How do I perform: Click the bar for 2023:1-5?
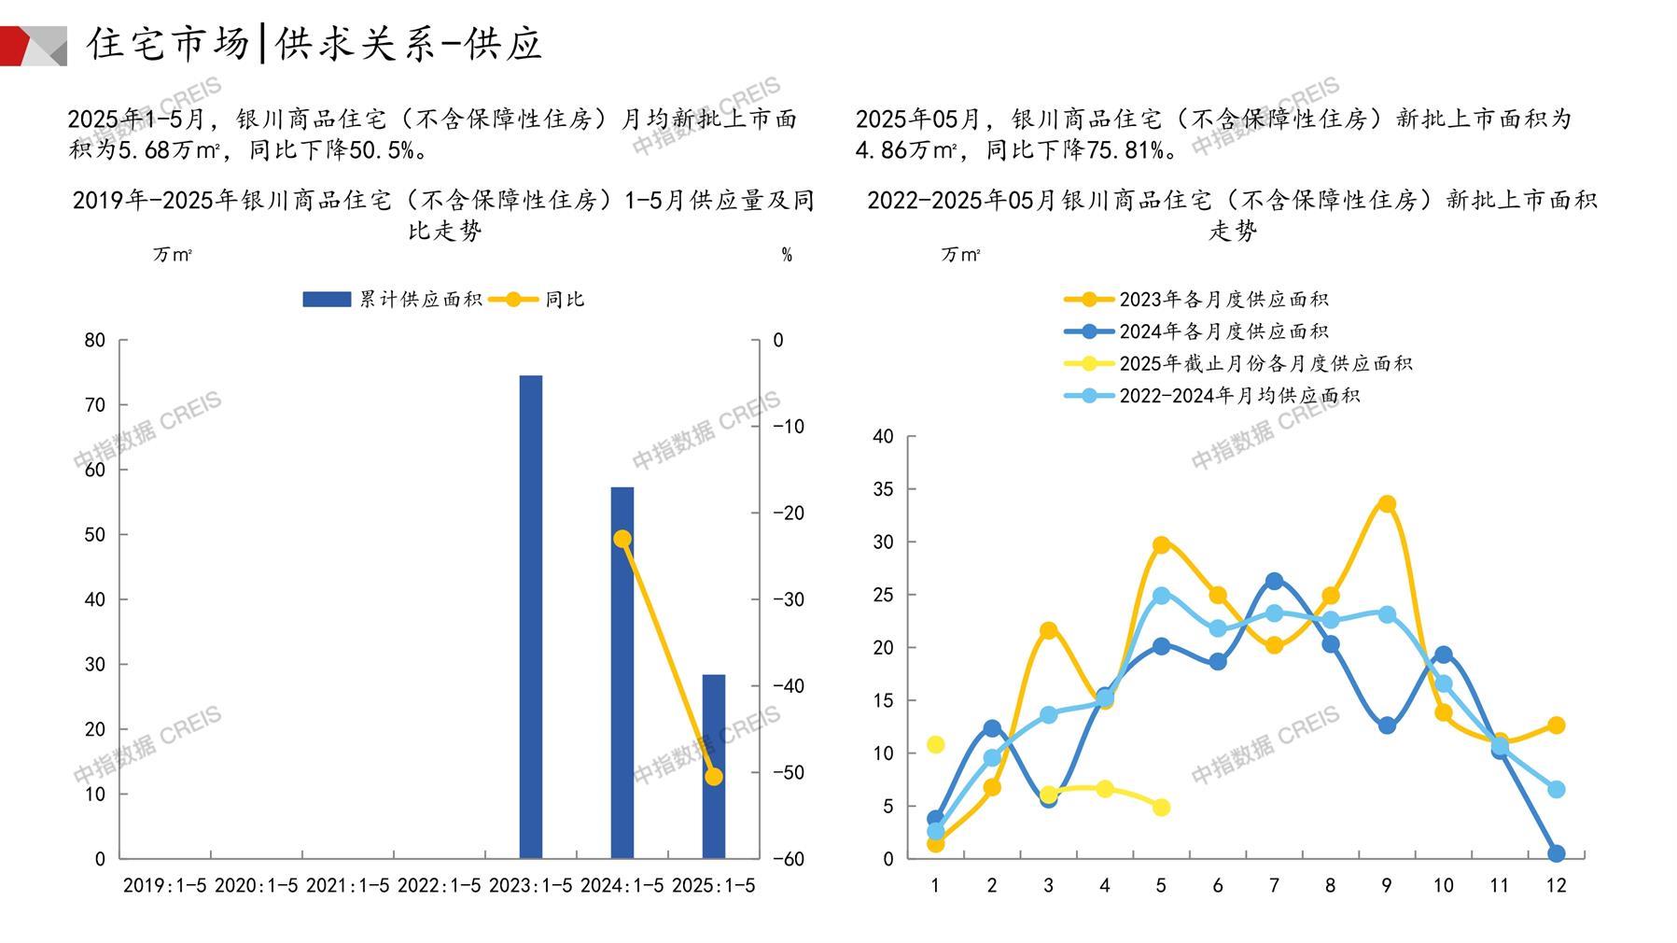pyautogui.click(x=530, y=616)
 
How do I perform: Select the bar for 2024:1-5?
pyautogui.click(x=622, y=672)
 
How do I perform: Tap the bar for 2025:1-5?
pyautogui.click(x=713, y=766)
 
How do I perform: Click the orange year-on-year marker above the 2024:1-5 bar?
pyautogui.click(x=622, y=539)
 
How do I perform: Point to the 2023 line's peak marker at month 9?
pyautogui.click(x=1387, y=504)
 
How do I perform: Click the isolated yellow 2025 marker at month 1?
pyautogui.click(x=935, y=744)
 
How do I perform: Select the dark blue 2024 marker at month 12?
pyautogui.click(x=1556, y=853)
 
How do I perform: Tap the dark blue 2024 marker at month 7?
pyautogui.click(x=1274, y=582)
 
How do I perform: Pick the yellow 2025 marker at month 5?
pyautogui.click(x=1161, y=807)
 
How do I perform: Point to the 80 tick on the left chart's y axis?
pyautogui.click(x=95, y=340)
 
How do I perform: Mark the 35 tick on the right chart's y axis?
pyautogui.click(x=882, y=489)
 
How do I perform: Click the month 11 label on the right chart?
pyautogui.click(x=1499, y=885)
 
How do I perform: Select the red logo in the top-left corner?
pyautogui.click(x=28, y=46)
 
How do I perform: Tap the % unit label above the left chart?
pyautogui.click(x=787, y=255)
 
